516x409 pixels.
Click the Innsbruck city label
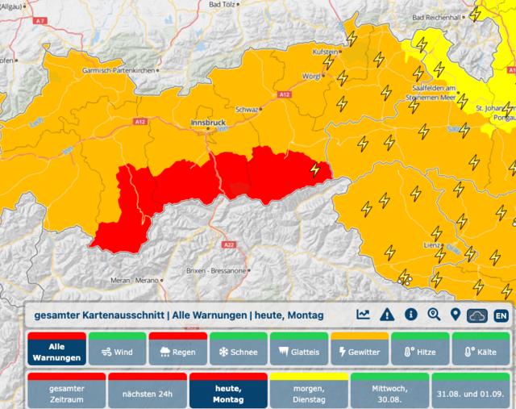point(207,121)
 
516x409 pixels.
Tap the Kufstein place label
point(325,52)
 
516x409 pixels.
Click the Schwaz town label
point(246,109)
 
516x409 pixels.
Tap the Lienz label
point(432,243)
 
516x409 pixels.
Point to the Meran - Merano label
point(133,280)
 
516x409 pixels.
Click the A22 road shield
point(228,244)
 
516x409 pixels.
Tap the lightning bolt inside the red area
point(314,169)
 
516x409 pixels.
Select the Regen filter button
point(177,352)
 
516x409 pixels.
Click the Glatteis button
point(298,352)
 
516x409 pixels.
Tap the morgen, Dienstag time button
point(308,393)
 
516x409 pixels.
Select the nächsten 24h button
point(147,393)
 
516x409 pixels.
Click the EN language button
point(501,315)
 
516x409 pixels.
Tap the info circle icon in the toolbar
point(410,315)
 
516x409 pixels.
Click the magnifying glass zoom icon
point(434,315)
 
